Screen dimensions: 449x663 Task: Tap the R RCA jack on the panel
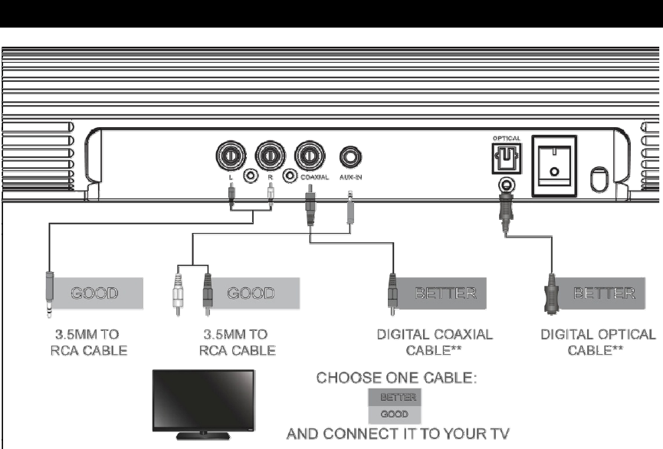pyautogui.click(x=270, y=156)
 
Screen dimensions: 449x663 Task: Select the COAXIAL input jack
pyautogui.click(x=310, y=156)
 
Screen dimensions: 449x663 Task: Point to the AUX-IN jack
pyautogui.click(x=350, y=157)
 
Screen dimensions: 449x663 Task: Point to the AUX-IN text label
pyautogui.click(x=350, y=177)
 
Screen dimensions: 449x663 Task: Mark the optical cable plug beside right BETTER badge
pyautogui.click(x=550, y=292)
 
